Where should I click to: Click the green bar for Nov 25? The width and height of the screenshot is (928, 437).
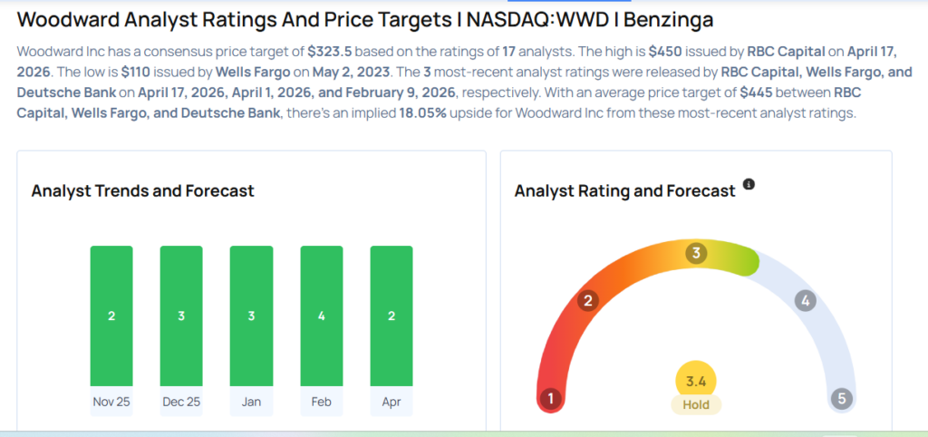point(111,316)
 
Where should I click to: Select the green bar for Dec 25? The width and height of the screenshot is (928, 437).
point(181,316)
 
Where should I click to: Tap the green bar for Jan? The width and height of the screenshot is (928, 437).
point(251,316)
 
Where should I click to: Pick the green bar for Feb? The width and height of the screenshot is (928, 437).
point(322,316)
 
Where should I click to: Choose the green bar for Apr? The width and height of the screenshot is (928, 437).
point(391,316)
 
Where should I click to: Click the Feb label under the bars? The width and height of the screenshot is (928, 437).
point(322,401)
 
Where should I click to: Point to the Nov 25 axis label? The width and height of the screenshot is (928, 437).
point(111,401)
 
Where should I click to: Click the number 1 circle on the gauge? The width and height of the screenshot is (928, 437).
point(549,398)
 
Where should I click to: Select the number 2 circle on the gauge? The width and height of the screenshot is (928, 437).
point(588,301)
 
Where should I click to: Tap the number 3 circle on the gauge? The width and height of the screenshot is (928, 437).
point(696,253)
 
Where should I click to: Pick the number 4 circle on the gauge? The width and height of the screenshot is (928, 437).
point(804,301)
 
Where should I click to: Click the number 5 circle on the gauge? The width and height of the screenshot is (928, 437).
point(843,398)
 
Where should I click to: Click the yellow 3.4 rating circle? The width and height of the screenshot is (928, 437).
point(696,381)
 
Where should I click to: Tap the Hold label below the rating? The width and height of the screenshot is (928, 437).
point(696,404)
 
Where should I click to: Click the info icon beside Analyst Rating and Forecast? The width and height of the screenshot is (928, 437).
point(749,184)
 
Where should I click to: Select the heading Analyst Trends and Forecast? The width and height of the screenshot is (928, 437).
point(142,190)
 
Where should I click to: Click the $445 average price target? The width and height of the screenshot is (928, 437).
point(758,91)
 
